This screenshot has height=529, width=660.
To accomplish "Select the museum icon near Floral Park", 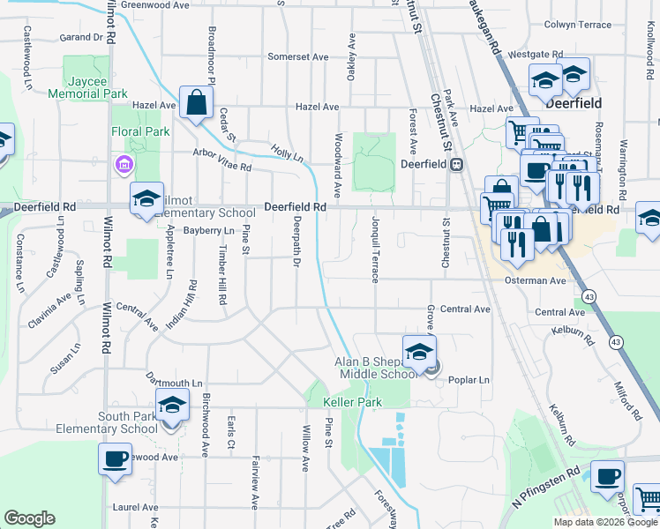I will [x=123, y=164].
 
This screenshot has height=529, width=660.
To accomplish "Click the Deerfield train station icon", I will [x=457, y=164].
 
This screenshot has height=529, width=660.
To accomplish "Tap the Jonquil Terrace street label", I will [x=376, y=249].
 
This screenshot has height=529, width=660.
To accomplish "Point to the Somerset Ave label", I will [x=298, y=56].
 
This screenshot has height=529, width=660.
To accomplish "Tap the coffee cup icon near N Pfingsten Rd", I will [x=607, y=476].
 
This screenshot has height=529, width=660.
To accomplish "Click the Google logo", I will [x=29, y=518].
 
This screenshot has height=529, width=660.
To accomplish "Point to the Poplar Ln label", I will [x=469, y=380].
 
